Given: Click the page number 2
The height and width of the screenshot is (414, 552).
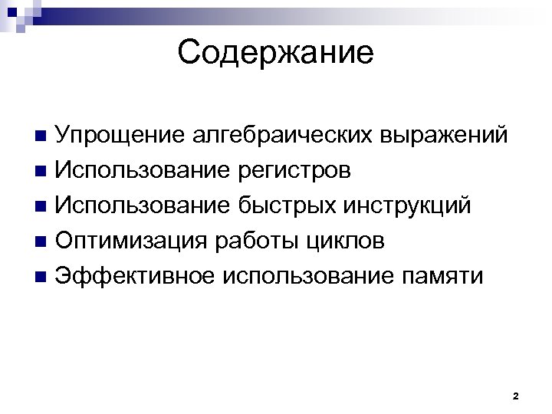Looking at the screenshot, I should click(515, 396).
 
